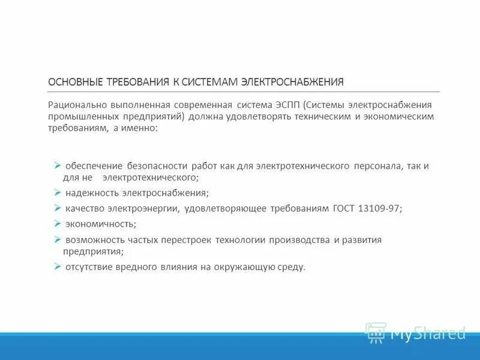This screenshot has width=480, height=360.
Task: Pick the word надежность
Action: point(92,193)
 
